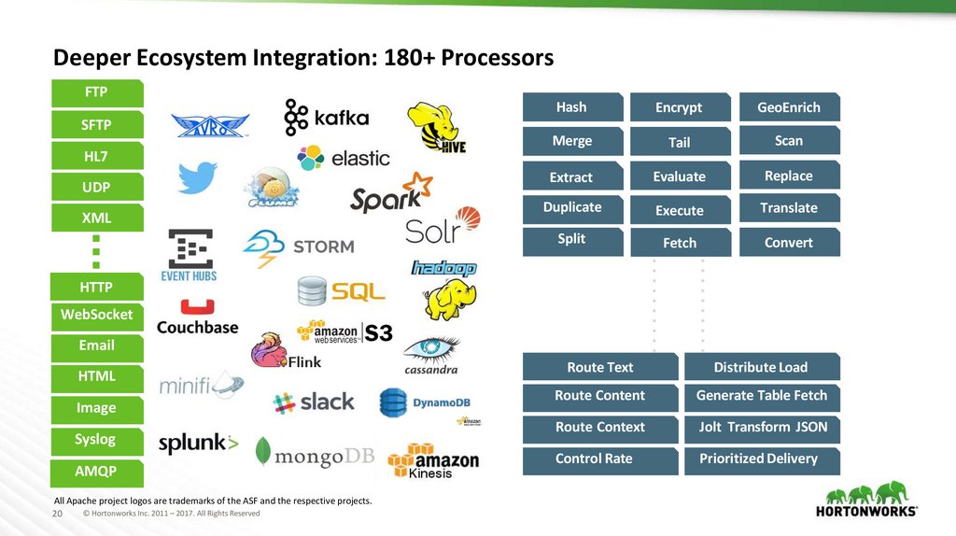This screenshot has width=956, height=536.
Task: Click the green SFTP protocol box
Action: click(x=96, y=124)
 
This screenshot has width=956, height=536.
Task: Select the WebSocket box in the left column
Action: click(x=96, y=315)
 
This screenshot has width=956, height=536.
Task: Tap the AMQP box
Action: click(x=96, y=470)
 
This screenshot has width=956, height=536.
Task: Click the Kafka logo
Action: click(x=327, y=118)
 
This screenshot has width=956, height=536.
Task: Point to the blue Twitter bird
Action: click(x=197, y=177)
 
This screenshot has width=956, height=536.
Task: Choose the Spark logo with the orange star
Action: click(x=391, y=193)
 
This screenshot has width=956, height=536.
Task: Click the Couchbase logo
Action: click(x=197, y=318)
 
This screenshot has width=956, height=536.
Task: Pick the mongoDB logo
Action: click(x=315, y=453)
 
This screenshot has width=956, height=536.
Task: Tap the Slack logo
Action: click(x=314, y=402)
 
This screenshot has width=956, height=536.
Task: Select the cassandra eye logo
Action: click(x=430, y=355)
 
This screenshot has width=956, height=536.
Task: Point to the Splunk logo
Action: click(x=198, y=444)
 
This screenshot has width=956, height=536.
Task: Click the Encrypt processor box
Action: click(x=679, y=107)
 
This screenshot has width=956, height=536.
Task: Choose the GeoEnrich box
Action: click(x=789, y=107)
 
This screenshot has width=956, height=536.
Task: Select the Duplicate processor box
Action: click(x=572, y=207)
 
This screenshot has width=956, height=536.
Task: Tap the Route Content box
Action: click(x=599, y=396)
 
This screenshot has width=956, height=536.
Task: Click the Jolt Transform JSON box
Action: click(x=762, y=428)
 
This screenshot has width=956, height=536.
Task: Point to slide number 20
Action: click(x=57, y=514)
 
